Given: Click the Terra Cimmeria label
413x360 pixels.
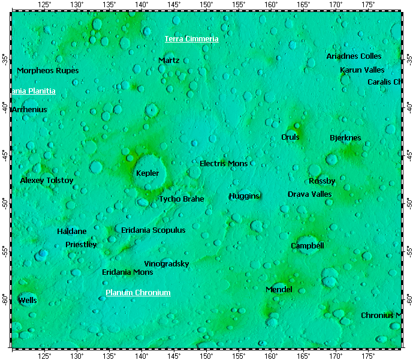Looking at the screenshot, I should tap(192, 39).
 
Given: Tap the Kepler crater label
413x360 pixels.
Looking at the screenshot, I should tap(147, 173).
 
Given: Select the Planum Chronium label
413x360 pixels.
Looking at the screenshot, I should tap(138, 293).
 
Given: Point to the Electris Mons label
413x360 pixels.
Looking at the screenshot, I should tap(224, 163).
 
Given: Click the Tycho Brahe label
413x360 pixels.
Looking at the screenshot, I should tap(181, 199).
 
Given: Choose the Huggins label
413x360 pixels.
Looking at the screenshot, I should tap(244, 196).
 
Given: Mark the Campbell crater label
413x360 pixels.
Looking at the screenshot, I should tap(308, 246).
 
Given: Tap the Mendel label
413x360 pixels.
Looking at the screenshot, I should tap(279, 290).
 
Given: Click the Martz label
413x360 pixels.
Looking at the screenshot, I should tap(169, 61).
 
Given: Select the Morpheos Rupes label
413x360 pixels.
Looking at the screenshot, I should tap(47, 71).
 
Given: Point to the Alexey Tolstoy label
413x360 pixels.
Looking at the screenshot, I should tap(47, 181).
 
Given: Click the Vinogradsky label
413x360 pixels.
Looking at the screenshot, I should tap(167, 264).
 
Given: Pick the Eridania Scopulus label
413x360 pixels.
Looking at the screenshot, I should tap(153, 230).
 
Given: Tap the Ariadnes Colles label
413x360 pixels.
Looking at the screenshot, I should tap(354, 56).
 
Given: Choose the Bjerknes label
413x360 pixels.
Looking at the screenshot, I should tap(345, 138).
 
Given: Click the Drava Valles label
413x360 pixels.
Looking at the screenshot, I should tap(309, 194).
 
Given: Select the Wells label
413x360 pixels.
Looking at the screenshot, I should tap(27, 300).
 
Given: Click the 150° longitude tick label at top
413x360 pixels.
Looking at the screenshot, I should tap(206, 5).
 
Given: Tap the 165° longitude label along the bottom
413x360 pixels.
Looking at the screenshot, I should tap(303, 355).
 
